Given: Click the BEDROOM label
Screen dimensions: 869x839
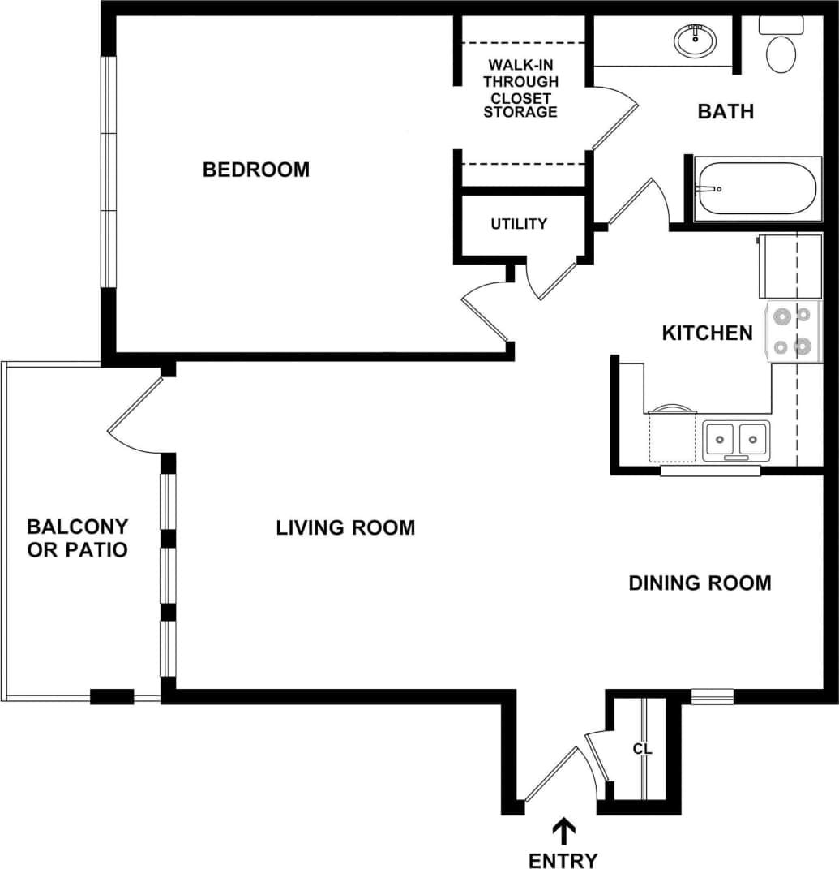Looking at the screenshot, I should (x=255, y=170).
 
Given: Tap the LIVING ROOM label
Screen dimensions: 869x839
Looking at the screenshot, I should (x=345, y=527).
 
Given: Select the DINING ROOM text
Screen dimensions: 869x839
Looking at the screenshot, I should (x=700, y=583).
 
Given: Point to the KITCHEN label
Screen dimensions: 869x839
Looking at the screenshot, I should (x=707, y=333).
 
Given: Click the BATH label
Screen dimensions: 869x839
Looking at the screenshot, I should (x=726, y=111).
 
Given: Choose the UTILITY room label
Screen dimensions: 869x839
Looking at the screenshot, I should (x=519, y=224).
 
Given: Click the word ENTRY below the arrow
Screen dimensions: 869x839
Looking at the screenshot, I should (x=563, y=860).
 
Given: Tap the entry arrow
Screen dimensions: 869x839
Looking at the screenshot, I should (x=564, y=832).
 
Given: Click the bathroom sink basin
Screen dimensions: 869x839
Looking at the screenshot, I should (x=695, y=40).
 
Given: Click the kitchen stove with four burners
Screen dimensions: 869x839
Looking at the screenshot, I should (x=793, y=331).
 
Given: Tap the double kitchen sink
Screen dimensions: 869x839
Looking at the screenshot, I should (x=736, y=440).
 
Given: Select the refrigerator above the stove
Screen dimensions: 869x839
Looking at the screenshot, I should (x=789, y=266).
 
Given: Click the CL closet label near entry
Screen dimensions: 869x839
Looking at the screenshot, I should (x=642, y=748).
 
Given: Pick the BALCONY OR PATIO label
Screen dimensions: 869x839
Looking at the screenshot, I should (x=78, y=538).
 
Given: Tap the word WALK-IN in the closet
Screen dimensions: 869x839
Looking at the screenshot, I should (x=521, y=64).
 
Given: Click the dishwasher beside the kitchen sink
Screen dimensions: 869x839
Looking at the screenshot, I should (x=671, y=436).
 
